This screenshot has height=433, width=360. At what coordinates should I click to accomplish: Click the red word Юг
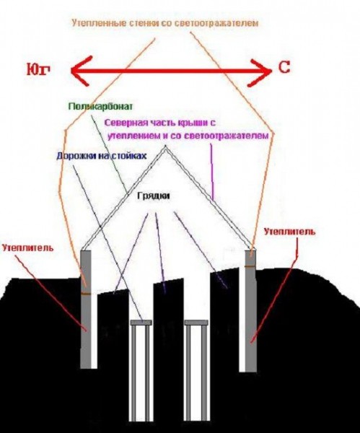click(38, 69)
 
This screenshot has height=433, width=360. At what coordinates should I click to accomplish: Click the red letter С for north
click(284, 67)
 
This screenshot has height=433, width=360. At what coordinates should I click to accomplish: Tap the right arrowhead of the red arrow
click(260, 71)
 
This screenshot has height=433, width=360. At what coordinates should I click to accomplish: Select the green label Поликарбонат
click(101, 107)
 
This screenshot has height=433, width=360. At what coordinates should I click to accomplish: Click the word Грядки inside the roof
click(154, 196)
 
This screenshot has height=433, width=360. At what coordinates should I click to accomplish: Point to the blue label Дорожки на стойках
click(101, 156)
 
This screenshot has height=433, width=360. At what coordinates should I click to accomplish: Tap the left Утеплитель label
click(27, 248)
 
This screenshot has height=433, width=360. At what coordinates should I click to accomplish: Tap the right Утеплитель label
click(289, 231)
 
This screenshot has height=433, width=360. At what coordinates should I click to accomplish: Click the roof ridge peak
click(165, 146)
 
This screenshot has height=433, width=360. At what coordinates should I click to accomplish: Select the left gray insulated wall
click(86, 309)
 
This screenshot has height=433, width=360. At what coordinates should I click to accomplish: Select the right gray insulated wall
click(250, 310)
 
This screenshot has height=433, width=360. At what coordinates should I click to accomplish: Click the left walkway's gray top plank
click(141, 323)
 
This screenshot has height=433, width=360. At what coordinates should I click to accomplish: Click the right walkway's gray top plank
click(196, 323)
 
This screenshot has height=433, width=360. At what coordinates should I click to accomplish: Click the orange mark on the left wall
click(86, 294)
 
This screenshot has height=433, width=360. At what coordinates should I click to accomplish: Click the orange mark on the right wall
click(250, 266)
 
